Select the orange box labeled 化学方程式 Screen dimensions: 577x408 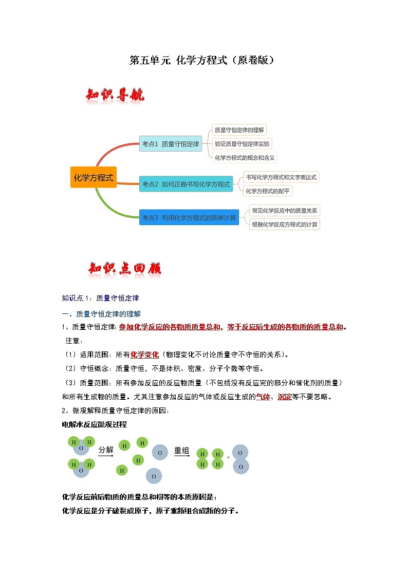94,177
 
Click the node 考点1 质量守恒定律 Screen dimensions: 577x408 171,144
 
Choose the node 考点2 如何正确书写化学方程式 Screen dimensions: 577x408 186,184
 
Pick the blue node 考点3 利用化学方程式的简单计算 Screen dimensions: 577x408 189,217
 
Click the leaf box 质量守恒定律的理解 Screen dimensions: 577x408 239,130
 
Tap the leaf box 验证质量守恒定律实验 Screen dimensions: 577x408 242,144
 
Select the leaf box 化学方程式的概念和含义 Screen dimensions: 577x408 245,157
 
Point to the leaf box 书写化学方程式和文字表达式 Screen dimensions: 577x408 281,177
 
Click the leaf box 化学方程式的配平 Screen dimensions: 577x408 268,191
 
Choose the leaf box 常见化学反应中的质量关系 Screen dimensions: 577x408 284,210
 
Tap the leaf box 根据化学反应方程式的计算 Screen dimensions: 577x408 284,224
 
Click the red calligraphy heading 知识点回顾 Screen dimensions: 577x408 125,269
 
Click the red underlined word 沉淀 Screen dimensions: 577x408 285,397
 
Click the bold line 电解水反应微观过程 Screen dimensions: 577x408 94,424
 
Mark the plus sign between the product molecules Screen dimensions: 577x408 228,457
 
